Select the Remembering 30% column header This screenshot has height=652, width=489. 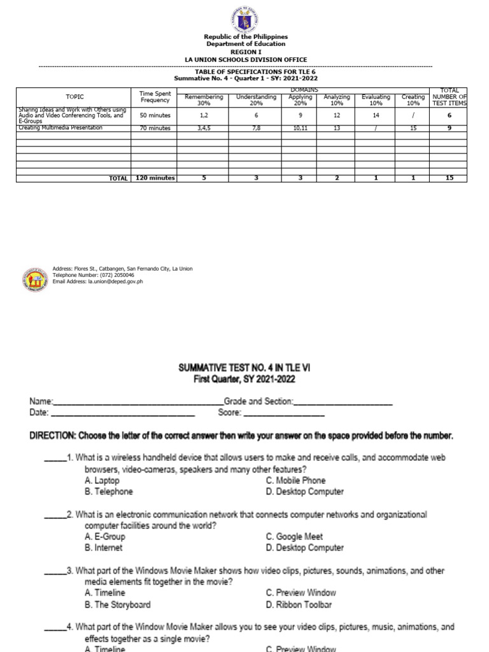click(x=204, y=100)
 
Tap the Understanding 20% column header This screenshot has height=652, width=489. click(x=256, y=100)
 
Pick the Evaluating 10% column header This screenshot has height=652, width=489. click(x=376, y=100)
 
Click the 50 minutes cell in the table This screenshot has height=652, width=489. click(x=155, y=116)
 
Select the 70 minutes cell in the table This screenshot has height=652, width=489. click(x=155, y=128)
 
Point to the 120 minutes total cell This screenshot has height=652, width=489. click(x=155, y=178)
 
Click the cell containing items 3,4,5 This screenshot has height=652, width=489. click(x=204, y=128)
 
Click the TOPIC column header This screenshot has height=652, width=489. click(x=74, y=97)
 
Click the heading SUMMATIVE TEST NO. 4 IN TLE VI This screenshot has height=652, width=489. click(x=245, y=368)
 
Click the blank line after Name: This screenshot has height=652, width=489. click(x=138, y=402)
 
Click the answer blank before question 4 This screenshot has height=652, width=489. click(x=55, y=628)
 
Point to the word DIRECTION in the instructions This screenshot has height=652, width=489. click(x=52, y=436)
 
